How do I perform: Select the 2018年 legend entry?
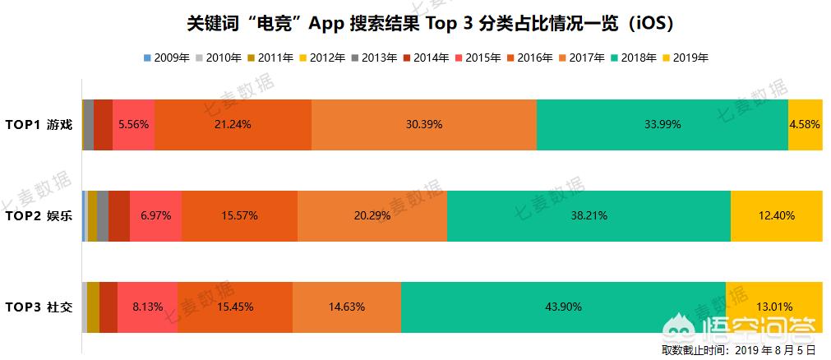point(632,58)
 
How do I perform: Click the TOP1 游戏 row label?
point(39,125)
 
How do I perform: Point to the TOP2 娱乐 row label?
point(39,216)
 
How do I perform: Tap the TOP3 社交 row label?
point(39,307)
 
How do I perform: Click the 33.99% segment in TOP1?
point(662,125)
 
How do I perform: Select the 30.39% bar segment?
point(424,125)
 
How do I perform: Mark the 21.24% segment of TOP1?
point(233,125)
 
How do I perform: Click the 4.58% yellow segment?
point(805,125)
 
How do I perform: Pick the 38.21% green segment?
point(589,216)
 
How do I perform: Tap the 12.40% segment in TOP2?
point(776,216)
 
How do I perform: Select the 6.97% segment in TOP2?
point(155,216)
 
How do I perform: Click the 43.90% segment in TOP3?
point(563,307)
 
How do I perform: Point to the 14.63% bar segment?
point(346,307)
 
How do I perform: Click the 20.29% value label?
point(372,216)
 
